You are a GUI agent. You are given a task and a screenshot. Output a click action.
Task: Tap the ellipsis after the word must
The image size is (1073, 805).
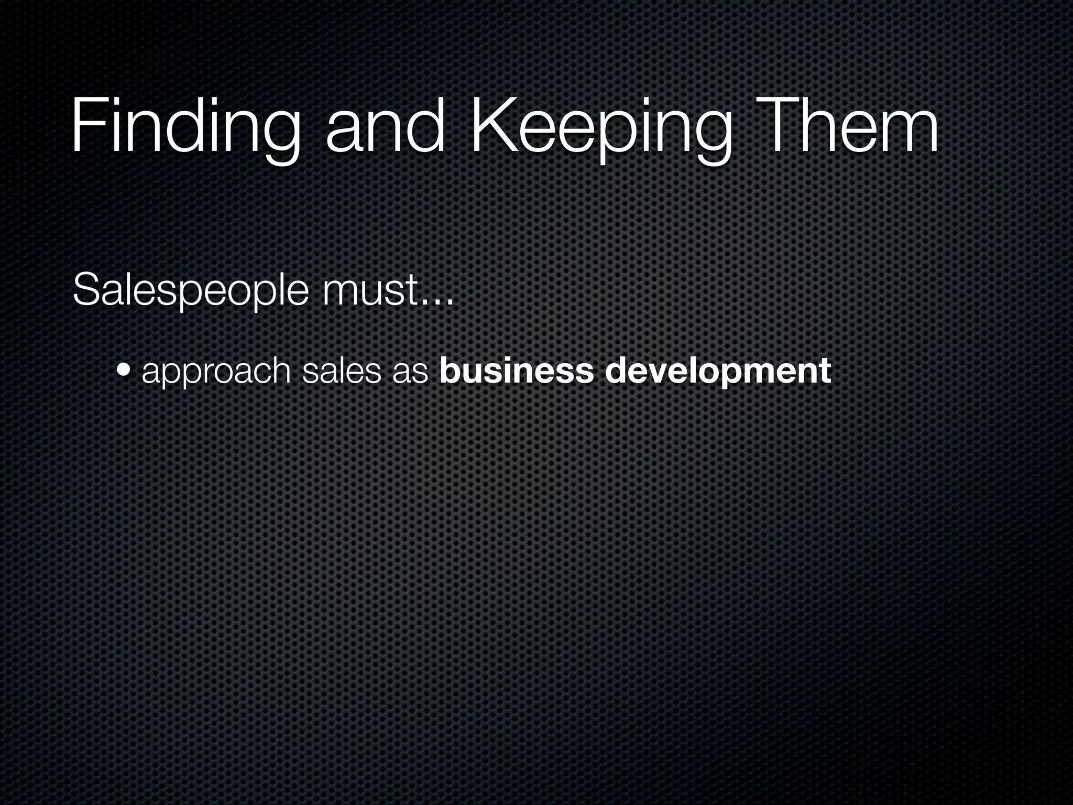(x=437, y=301)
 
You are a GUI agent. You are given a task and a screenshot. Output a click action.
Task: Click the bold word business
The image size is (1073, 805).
(x=517, y=370)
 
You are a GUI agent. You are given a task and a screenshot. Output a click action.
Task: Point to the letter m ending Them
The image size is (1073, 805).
(x=909, y=134)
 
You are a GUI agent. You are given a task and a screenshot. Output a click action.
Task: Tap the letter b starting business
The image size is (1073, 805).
(x=450, y=370)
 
